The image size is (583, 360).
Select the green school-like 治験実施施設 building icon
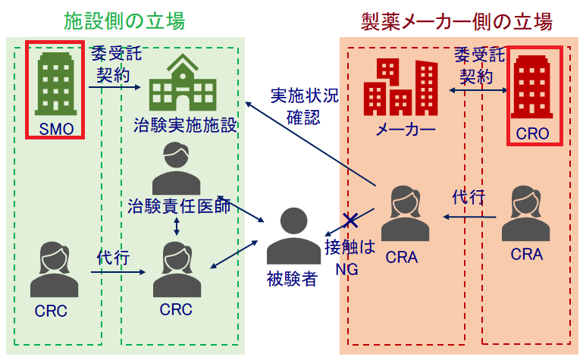(x=181, y=84)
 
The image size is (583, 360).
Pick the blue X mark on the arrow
(x=350, y=221)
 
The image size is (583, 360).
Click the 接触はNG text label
(x=349, y=257)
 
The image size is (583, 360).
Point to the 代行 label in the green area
(x=111, y=257)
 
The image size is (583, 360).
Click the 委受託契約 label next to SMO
(x=114, y=64)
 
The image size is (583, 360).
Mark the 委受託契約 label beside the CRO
(x=478, y=64)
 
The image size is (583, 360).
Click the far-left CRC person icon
(x=54, y=269)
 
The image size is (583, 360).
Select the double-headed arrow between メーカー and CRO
(x=477, y=90)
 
